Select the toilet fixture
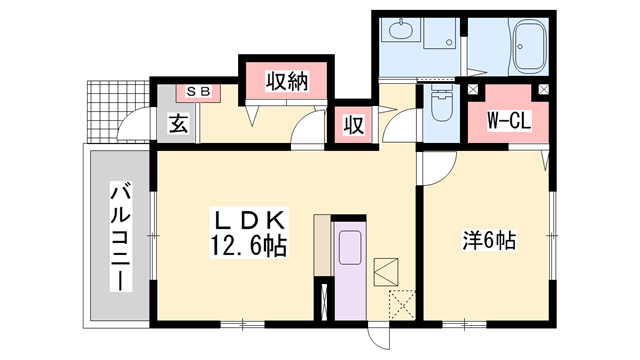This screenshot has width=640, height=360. tap(439, 104)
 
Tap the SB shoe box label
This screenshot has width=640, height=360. tap(197, 91)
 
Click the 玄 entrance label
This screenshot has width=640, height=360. tap(178, 125)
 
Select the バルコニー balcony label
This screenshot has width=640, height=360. tap(119, 236)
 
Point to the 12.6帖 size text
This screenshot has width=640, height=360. tap(250, 245)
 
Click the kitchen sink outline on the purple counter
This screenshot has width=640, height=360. tap(351, 247)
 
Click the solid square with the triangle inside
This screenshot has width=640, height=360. tap(386, 270)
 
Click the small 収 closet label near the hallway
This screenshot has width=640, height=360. tap(353, 125)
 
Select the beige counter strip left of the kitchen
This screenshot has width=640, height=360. tap(322, 245)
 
